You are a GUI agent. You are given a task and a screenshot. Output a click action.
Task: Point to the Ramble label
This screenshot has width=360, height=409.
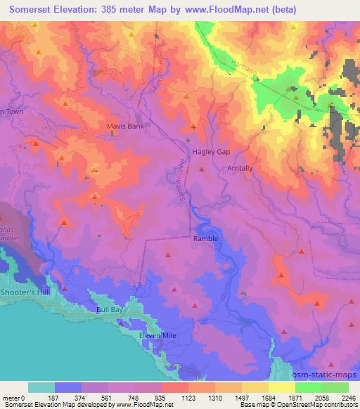click(206, 239)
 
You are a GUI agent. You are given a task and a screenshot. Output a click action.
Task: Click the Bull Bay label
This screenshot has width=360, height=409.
click(110, 309)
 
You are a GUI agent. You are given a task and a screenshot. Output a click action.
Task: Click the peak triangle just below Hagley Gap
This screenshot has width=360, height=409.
click(202, 169)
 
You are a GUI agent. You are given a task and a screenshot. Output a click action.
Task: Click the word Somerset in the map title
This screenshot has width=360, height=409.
click(25, 9)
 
